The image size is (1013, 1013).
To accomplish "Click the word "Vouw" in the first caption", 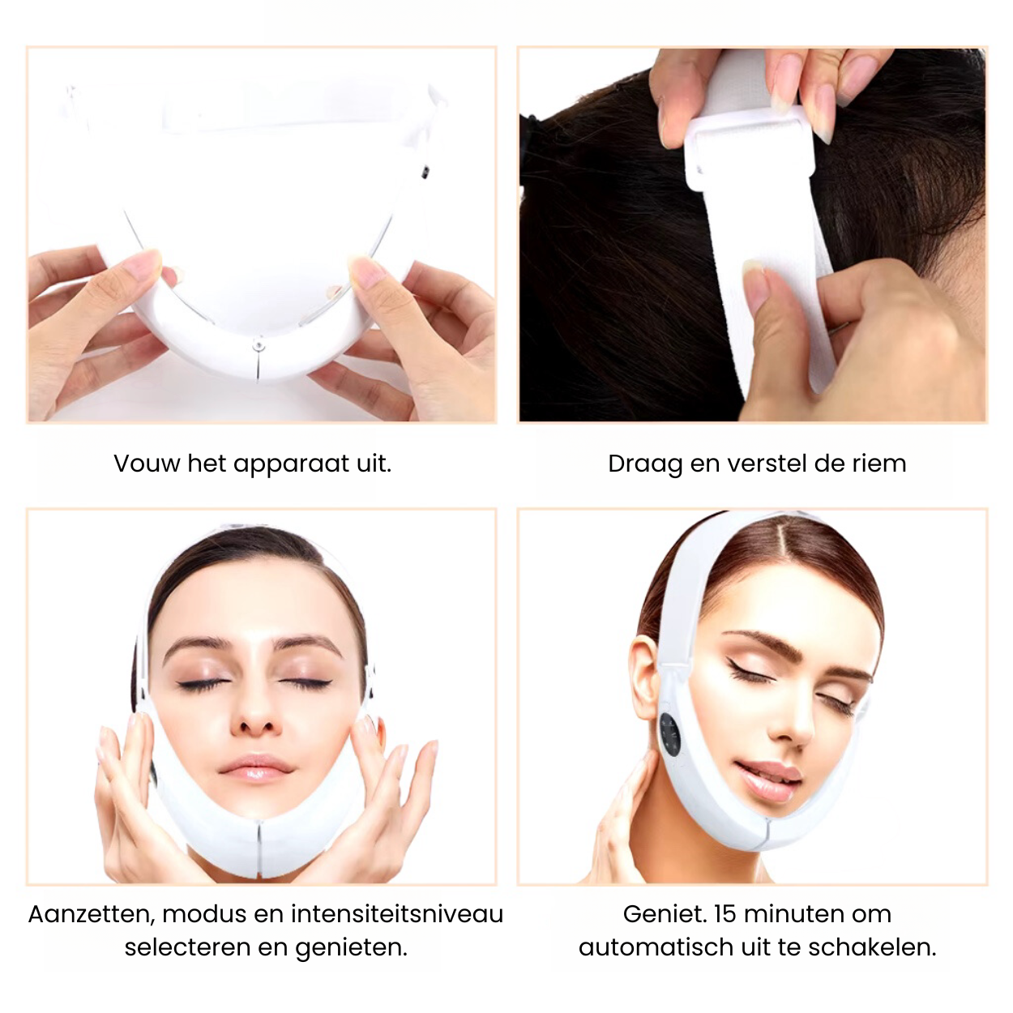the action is (146, 463).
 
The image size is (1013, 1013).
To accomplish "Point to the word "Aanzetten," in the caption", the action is (92, 914).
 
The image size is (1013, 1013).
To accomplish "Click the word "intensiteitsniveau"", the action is (397, 913).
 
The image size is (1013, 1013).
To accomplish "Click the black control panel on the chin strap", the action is (670, 738).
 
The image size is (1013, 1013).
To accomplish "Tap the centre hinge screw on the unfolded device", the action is (259, 345).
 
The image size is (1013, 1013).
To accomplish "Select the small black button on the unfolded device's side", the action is (425, 171).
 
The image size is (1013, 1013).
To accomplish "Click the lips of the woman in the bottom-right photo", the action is (767, 780).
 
